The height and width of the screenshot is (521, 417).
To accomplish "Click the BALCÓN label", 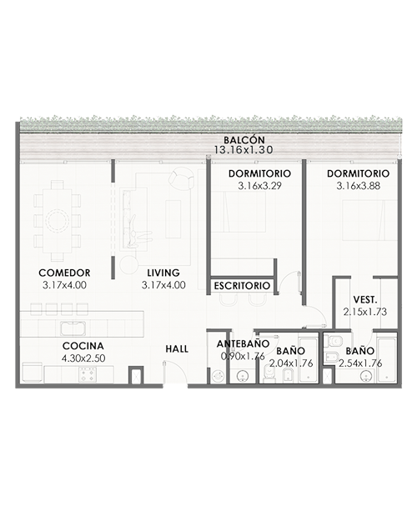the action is pyautogui.click(x=244, y=140).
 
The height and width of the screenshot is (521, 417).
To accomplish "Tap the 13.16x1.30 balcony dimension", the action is pyautogui.click(x=244, y=150).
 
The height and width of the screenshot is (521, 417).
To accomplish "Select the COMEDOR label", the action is pyautogui.click(x=64, y=273).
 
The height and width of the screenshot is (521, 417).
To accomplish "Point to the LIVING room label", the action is pyautogui.click(x=163, y=273).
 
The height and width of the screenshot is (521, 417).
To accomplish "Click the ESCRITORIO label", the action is pyautogui.click(x=242, y=286).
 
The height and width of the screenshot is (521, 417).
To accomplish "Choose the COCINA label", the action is pyautogui.click(x=83, y=346).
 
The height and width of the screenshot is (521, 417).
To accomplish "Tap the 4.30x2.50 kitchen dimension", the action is pyautogui.click(x=83, y=358).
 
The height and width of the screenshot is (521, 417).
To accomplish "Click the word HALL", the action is pyautogui.click(x=177, y=349).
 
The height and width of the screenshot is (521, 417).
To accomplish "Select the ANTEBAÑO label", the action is pyautogui.click(x=243, y=344).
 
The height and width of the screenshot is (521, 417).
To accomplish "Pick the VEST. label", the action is pyautogui.click(x=365, y=300).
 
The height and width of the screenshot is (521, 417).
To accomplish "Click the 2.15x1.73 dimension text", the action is pyautogui.click(x=365, y=312).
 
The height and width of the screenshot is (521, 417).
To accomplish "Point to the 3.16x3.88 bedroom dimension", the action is pyautogui.click(x=358, y=186).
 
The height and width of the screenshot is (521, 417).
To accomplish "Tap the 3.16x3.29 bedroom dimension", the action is pyautogui.click(x=259, y=186).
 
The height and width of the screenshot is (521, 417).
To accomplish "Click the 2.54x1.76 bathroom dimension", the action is pyautogui.click(x=360, y=363).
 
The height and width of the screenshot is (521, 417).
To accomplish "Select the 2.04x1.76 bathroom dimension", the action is pyautogui.click(x=291, y=363).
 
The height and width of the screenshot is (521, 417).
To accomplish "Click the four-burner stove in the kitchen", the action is pyautogui.click(x=88, y=374).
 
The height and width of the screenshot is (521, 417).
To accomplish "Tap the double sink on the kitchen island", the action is pyautogui.click(x=73, y=328).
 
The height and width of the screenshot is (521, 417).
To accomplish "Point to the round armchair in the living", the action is pyautogui.click(x=180, y=178).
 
